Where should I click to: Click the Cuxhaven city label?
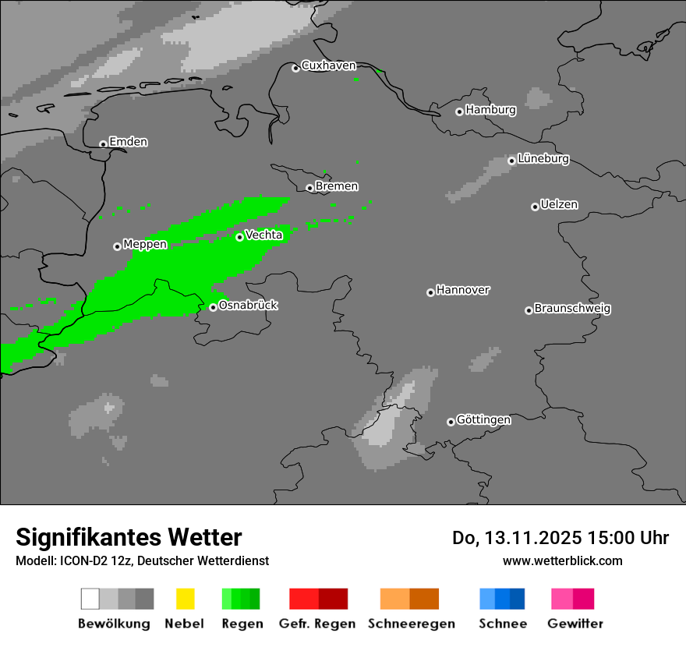pos(328,65)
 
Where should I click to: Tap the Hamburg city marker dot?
pos(459,111)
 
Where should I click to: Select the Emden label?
pos(128,142)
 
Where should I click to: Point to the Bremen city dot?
pos(309,188)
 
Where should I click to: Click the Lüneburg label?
pos(543,158)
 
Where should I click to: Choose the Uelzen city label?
pos(559,204)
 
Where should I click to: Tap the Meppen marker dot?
pos(117,246)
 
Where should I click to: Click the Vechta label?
pos(263,235)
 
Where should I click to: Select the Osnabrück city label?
pos(248,305)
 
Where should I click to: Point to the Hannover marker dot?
pos(430,292)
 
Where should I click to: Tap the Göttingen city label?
pos(483,419)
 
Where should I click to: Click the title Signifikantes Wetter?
pos(129,537)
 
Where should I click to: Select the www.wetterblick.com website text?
pos(562,560)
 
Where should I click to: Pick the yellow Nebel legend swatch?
pos(185,599)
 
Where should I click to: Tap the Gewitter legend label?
pos(575,624)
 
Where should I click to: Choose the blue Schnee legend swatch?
pos(502,599)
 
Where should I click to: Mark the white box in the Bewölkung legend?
pos(90,599)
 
